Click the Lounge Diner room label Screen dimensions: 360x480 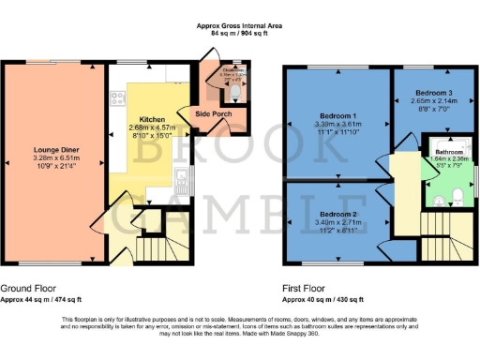(x=54, y=150)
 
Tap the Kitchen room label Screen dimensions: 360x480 (x=152, y=120)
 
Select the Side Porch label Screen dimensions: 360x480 (x=213, y=113)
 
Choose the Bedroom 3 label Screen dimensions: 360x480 (x=433, y=94)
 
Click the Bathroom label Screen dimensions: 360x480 (x=448, y=151)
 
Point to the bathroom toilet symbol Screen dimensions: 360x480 (x=453, y=195)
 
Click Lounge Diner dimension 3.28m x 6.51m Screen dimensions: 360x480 (x=54, y=159)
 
